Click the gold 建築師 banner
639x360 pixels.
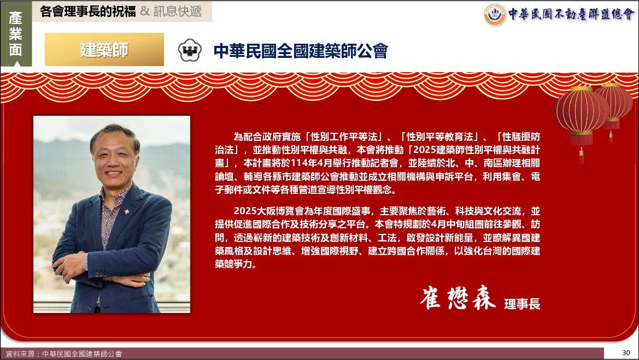[x=104, y=49]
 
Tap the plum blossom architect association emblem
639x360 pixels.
[x=190, y=50]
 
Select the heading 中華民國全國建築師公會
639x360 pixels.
[x=301, y=51]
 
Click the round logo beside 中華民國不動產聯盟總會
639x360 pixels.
[x=495, y=15]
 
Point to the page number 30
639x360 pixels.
[x=626, y=352]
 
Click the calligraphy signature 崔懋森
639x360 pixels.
[x=458, y=298]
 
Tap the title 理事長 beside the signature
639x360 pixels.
[x=522, y=304]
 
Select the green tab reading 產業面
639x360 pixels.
[x=16, y=34]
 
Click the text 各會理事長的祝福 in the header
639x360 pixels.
[x=87, y=11]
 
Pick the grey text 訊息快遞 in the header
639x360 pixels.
[x=178, y=11]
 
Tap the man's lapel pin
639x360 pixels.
[x=126, y=211]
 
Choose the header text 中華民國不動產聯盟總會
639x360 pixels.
[x=571, y=14]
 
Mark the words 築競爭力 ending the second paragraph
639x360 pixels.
[x=234, y=264]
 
